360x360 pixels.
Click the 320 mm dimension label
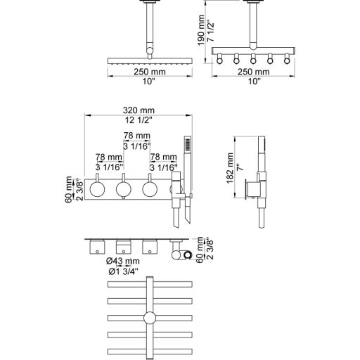point(139,110)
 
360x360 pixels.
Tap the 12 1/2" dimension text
point(139,120)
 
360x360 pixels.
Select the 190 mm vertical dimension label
point(201,30)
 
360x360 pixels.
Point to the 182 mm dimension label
point(230,168)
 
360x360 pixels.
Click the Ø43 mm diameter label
point(123,261)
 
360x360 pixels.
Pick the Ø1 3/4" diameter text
point(124,271)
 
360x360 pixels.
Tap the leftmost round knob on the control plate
point(97,189)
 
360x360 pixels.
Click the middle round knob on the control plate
point(124,189)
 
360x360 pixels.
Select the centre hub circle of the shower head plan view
point(150,318)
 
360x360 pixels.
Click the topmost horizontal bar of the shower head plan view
point(150,284)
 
